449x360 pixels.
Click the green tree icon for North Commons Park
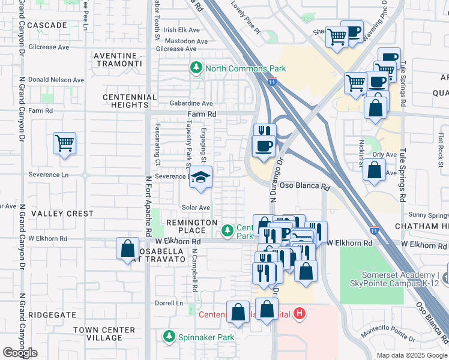[196, 69]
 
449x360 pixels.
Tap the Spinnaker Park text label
[206, 337]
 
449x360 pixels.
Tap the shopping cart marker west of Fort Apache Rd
[64, 144]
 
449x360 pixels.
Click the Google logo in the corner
[20, 353]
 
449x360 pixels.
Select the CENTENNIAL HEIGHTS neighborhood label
[130, 101]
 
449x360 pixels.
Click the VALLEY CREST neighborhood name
[62, 214]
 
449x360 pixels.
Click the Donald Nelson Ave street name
[56, 80]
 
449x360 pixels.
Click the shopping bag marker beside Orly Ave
[374, 170]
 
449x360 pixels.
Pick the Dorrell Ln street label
[169, 303]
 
